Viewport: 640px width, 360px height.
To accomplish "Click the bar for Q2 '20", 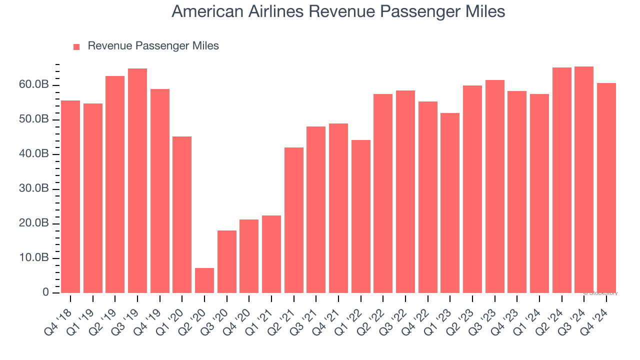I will click(x=204, y=280).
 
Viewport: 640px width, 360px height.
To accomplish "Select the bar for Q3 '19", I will click(x=137, y=180).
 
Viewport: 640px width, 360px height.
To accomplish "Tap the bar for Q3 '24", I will click(x=584, y=179).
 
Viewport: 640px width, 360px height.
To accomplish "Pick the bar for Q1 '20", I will click(x=182, y=214).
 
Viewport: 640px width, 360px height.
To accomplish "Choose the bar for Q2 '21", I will click(x=294, y=220).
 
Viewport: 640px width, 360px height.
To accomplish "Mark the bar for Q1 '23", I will click(x=450, y=203).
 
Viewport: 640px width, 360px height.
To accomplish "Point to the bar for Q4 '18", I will click(x=70, y=196).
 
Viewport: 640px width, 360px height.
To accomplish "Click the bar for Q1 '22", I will click(x=361, y=216).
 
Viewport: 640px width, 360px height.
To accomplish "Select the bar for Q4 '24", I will click(x=606, y=188).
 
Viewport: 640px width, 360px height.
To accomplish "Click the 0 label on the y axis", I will click(x=46, y=292).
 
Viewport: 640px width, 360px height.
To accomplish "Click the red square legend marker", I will click(x=76, y=46).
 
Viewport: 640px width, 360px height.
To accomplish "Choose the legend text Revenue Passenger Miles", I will click(x=153, y=46).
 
